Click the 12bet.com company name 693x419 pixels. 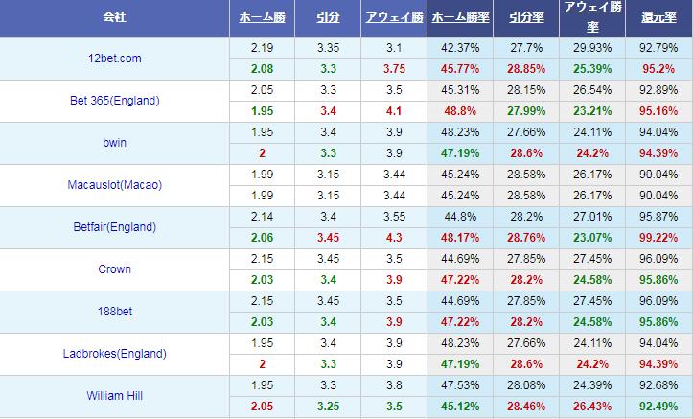click(113, 58)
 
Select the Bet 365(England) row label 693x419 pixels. click(114, 101)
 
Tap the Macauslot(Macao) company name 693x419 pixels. click(114, 185)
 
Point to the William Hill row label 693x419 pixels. click(114, 396)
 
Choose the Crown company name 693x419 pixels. click(114, 269)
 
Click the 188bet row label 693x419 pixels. click(114, 312)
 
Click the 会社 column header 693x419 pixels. click(114, 18)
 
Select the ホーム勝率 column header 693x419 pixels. click(462, 18)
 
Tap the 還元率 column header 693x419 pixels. click(658, 18)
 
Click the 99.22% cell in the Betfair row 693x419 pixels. click(658, 238)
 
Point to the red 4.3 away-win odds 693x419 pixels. click(394, 238)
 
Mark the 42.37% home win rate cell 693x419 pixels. click(462, 48)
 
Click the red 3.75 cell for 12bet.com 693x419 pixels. click(394, 69)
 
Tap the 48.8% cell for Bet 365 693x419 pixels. click(462, 111)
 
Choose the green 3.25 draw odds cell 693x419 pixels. click(326, 407)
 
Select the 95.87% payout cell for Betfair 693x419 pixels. click(658, 217)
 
